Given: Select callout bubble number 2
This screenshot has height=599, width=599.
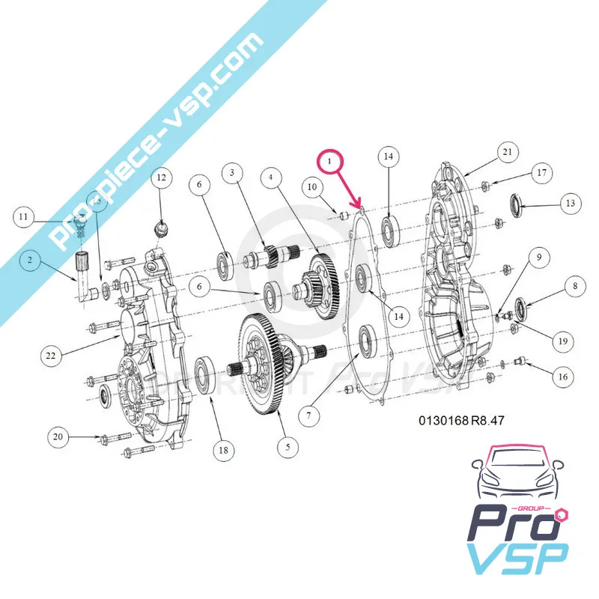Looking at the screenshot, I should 30,260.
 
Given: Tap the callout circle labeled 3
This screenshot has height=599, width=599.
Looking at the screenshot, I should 232,174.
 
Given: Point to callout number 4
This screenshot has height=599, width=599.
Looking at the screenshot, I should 272,177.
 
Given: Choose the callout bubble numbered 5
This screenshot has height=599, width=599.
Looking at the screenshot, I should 285,447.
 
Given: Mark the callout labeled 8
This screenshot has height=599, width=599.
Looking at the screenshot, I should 574,285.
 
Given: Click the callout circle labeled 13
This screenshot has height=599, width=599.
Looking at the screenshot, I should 570,203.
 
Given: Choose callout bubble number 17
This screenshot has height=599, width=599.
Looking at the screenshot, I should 543,173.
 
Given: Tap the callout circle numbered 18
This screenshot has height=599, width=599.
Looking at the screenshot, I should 222,449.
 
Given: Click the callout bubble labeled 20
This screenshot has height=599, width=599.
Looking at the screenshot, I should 58,435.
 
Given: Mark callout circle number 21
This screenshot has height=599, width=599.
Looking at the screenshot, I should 507,153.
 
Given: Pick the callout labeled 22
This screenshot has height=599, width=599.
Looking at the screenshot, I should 51,356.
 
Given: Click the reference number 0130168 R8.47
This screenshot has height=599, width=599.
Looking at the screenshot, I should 461,421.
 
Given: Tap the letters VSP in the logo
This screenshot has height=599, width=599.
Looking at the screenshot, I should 516,558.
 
